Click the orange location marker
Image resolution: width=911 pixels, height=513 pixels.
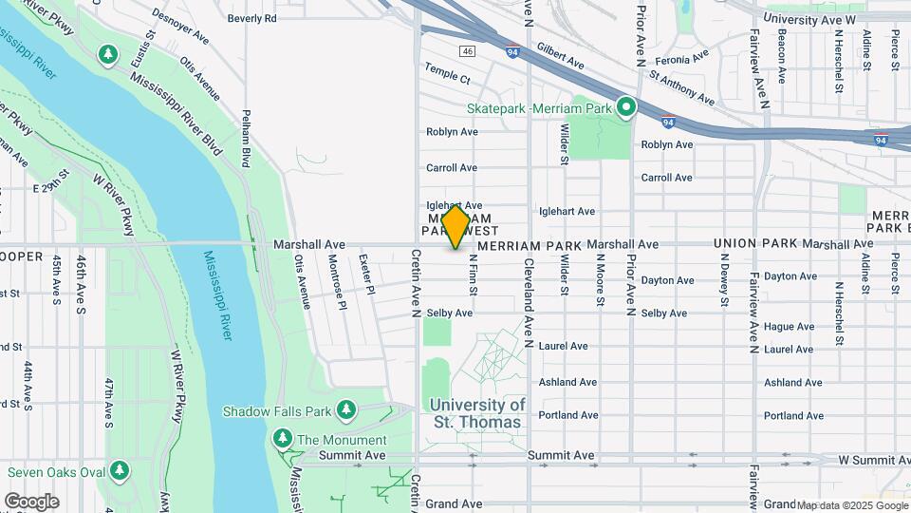point(455,226)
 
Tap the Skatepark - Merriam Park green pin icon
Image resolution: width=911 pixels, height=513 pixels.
point(625,108)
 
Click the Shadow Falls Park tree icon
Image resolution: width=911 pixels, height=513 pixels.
point(347,410)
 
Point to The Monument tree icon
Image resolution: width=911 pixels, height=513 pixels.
point(282,439)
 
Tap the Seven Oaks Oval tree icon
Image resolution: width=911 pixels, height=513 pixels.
point(120,471)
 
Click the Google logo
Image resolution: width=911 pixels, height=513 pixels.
point(31,501)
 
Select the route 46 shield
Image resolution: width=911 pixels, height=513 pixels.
point(467,50)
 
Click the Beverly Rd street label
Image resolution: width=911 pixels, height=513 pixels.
point(252,18)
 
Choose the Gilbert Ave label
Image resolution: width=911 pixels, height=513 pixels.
point(559,55)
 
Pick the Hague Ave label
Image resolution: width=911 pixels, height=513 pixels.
point(789,327)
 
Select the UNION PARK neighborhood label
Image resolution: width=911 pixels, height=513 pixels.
point(755,244)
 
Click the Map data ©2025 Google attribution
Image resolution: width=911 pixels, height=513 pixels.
point(850,505)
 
